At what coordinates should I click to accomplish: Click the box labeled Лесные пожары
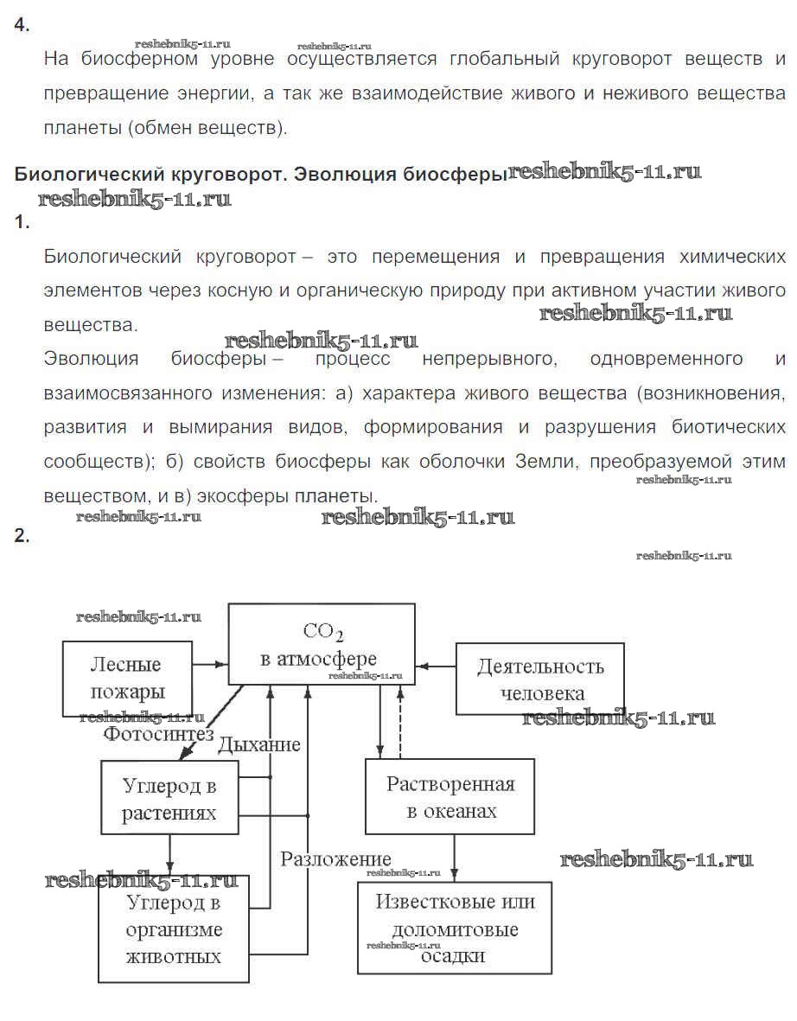tap(127, 679)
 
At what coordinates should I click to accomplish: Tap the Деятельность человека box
tap(539, 679)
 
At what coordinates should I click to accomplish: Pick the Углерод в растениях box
tap(169, 798)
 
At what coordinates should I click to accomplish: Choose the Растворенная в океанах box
tap(450, 796)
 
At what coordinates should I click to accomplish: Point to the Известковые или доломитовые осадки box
tap(455, 928)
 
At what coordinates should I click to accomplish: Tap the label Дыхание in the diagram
tap(258, 744)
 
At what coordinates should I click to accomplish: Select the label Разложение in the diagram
tap(335, 858)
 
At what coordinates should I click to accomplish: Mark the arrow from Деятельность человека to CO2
tap(436, 666)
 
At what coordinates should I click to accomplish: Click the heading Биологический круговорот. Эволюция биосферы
tap(259, 174)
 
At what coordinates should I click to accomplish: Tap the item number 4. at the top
tap(22, 25)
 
